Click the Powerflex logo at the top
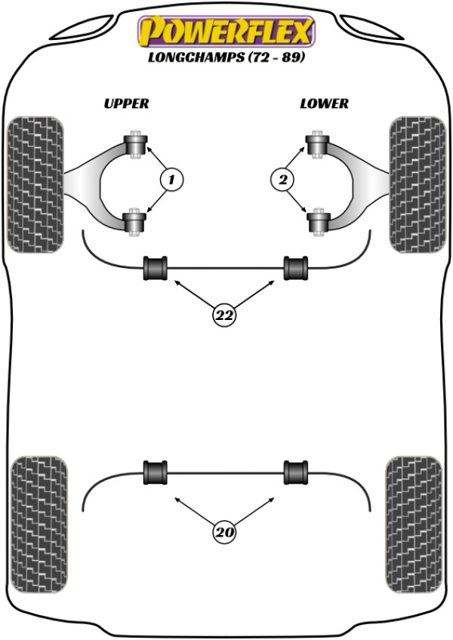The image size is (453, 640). (225, 32)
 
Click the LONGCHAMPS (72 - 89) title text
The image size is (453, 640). (225, 58)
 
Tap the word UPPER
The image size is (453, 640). (127, 103)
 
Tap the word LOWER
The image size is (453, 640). (325, 103)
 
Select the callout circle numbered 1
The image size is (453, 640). (171, 180)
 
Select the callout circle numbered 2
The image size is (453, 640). (282, 180)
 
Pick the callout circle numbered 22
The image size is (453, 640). (223, 315)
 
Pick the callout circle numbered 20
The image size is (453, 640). (223, 533)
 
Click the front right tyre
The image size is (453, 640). (415, 183)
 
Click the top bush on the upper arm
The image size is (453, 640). (137, 143)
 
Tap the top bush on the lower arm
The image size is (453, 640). (316, 143)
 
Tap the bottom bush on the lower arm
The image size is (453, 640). (317, 221)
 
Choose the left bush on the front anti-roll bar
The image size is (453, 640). (156, 268)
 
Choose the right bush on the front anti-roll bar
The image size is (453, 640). (296, 268)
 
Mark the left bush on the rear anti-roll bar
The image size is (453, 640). (155, 472)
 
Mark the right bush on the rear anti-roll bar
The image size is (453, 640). (295, 472)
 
